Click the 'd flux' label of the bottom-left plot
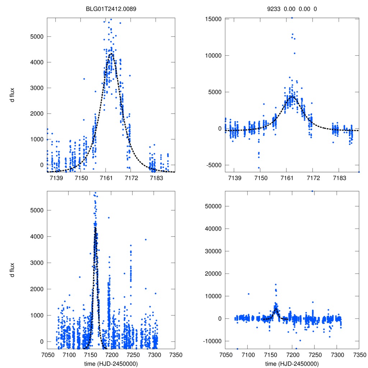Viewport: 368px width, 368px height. point(12,270)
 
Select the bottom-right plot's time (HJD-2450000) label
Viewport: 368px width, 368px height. point(292,364)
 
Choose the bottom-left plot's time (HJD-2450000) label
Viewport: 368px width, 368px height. point(111,364)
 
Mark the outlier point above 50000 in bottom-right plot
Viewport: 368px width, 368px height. point(312,191)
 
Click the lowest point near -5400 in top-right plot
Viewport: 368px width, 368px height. point(259,167)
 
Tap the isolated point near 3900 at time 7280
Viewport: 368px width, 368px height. point(146,239)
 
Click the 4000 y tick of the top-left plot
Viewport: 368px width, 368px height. point(37,62)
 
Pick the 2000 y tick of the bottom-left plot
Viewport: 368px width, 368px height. point(37,289)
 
